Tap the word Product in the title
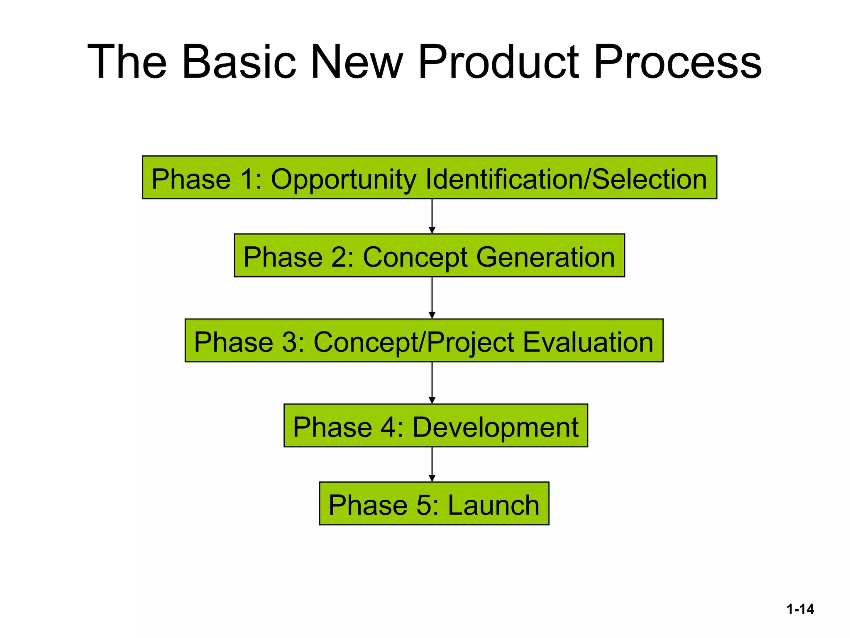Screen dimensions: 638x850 tap(498, 62)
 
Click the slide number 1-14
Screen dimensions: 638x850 tap(800, 609)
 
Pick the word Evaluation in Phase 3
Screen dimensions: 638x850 tap(588, 342)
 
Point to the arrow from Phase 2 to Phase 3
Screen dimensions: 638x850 tap(432, 298)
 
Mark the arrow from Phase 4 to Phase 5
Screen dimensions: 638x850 tap(432, 464)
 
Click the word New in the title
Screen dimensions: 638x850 tap(357, 62)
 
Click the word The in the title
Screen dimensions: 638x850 tap(127, 62)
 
